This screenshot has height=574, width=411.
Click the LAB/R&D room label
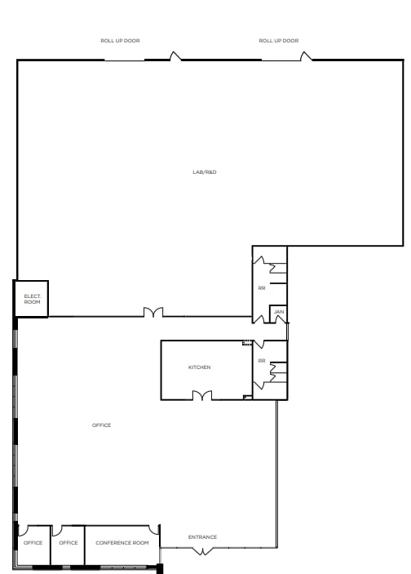[x=204, y=172]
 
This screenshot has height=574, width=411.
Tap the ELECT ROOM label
[x=33, y=299]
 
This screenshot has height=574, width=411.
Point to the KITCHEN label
[x=200, y=367]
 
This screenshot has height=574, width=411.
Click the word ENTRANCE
[x=202, y=536]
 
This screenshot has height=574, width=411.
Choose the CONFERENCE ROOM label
[x=122, y=543]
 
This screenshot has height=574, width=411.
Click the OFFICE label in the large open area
[x=101, y=425]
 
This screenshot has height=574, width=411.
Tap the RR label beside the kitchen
[x=262, y=360]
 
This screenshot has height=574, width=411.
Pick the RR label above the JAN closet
[x=262, y=287]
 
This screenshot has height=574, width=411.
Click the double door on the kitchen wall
[x=202, y=396]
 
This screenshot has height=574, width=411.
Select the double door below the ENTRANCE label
[x=202, y=551]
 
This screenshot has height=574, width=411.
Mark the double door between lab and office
[x=153, y=313]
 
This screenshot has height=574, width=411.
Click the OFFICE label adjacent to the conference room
[x=68, y=543]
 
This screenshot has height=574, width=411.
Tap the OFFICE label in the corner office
[x=33, y=543]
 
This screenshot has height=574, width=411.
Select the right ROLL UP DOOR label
[x=279, y=40]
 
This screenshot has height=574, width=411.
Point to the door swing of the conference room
[x=153, y=529]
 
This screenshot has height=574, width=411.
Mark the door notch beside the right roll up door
[x=306, y=56]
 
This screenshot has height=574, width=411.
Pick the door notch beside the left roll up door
[x=174, y=56]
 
